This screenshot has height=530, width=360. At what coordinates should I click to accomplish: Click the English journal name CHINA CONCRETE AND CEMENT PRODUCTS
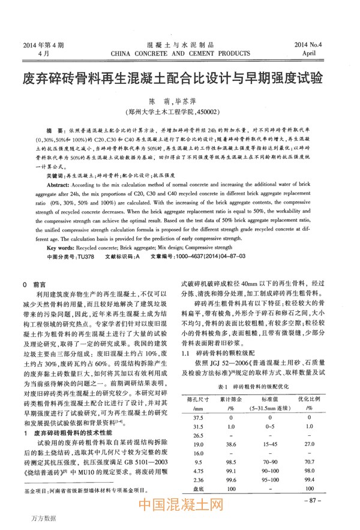[180, 53]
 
